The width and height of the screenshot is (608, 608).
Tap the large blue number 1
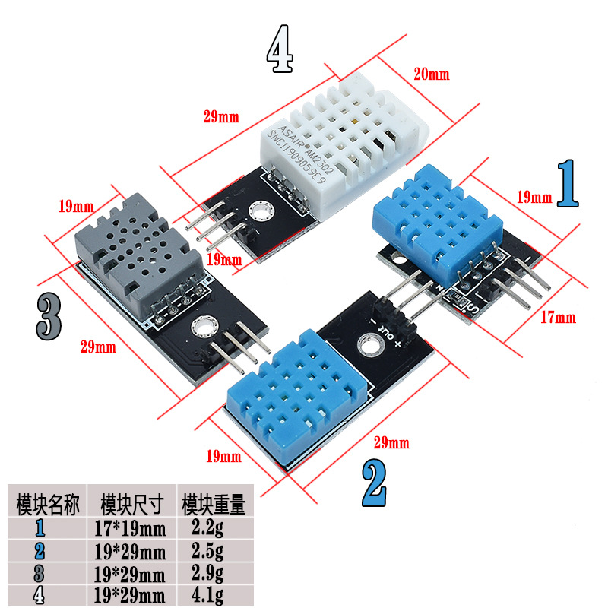tap(568, 185)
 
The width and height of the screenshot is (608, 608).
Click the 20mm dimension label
tap(431, 74)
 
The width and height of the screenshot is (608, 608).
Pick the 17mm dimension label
tap(558, 317)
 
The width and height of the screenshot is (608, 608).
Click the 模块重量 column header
tap(213, 504)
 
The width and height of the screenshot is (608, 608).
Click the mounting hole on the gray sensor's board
tap(203, 328)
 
